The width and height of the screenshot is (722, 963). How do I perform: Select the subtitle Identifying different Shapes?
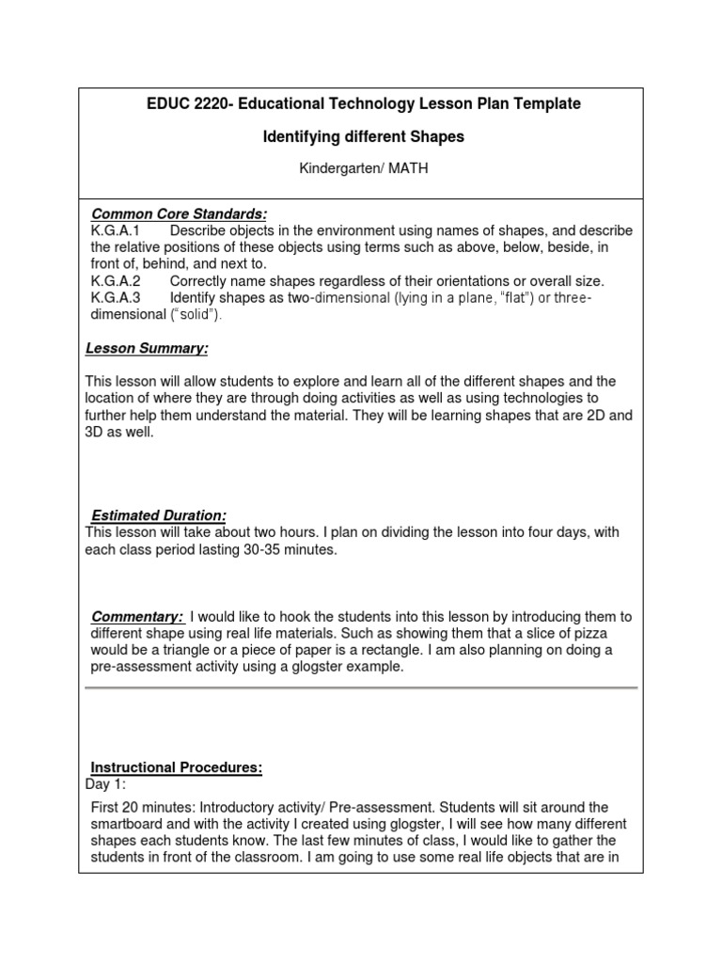[x=362, y=137]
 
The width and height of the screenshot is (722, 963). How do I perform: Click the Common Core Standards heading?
[x=179, y=214]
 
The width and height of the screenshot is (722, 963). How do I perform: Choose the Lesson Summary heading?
[x=147, y=349]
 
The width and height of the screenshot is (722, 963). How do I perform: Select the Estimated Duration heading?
[x=158, y=515]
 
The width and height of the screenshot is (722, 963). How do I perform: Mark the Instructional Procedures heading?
[x=176, y=767]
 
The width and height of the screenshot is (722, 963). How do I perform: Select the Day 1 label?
[x=105, y=783]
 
